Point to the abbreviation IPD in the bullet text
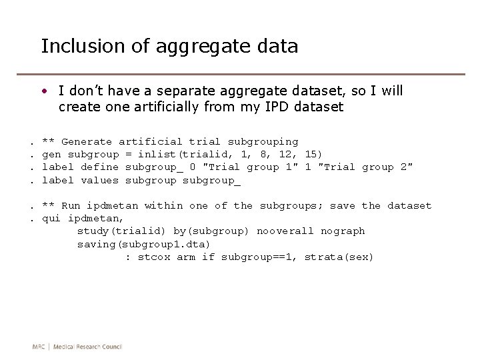(x=279, y=107)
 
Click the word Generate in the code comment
(x=87, y=141)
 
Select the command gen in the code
(x=51, y=154)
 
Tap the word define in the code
(x=99, y=167)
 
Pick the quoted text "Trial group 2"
(x=365, y=167)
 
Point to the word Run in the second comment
(x=71, y=205)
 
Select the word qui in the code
(x=51, y=218)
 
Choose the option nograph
(x=343, y=231)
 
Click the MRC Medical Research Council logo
(x=77, y=347)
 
